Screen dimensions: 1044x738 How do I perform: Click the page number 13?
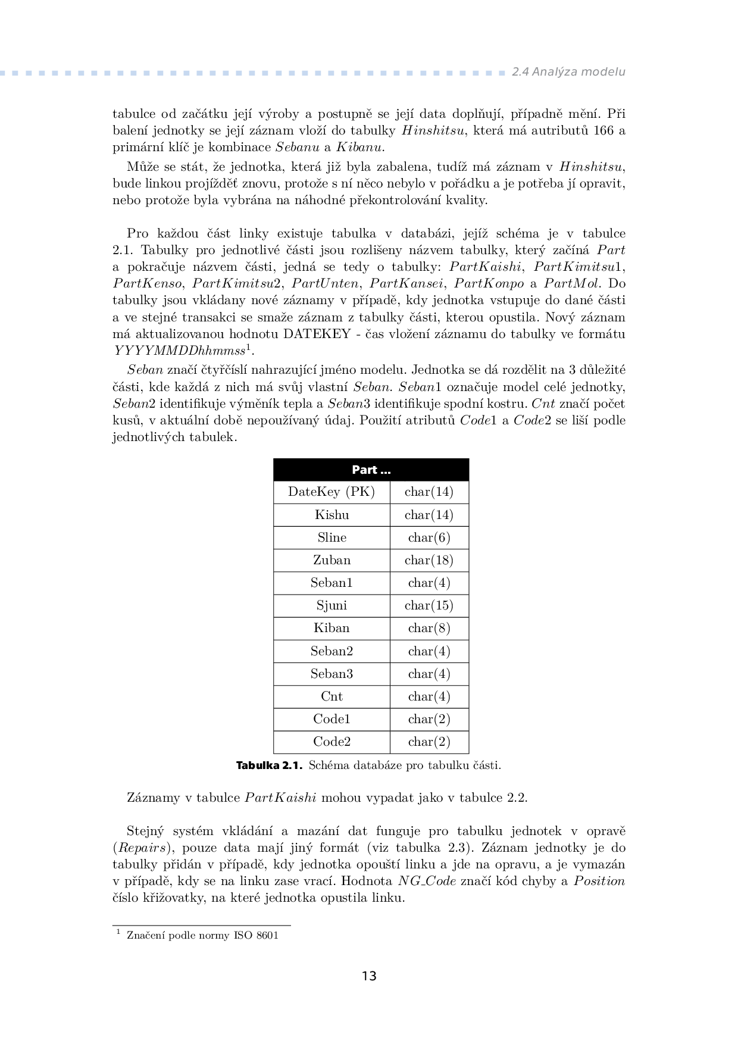click(369, 976)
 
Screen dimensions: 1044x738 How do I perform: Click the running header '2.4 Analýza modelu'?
click(568, 72)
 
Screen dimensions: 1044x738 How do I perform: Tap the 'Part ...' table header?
click(371, 470)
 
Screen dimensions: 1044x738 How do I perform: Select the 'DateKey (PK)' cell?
click(332, 492)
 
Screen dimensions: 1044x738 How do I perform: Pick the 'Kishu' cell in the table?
click(332, 515)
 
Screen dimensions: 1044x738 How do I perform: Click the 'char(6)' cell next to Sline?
click(429, 537)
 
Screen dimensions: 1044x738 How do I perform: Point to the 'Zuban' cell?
click(332, 560)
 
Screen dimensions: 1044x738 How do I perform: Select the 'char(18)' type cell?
click(429, 560)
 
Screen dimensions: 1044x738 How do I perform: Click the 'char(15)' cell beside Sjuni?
click(429, 605)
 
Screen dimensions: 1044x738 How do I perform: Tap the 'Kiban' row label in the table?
click(332, 628)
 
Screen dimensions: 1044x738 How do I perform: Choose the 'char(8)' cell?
click(429, 628)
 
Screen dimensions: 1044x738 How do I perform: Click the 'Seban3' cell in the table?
click(332, 674)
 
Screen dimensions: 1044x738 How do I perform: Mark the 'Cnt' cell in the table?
click(332, 696)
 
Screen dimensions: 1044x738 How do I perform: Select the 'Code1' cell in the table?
click(332, 719)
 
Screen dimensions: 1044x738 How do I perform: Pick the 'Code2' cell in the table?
click(332, 742)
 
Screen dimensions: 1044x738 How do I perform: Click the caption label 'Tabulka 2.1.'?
click(270, 765)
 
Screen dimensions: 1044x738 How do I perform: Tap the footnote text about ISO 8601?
click(202, 935)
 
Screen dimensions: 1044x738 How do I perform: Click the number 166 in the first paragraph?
click(603, 130)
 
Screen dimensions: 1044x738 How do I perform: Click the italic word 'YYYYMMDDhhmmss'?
click(179, 351)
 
